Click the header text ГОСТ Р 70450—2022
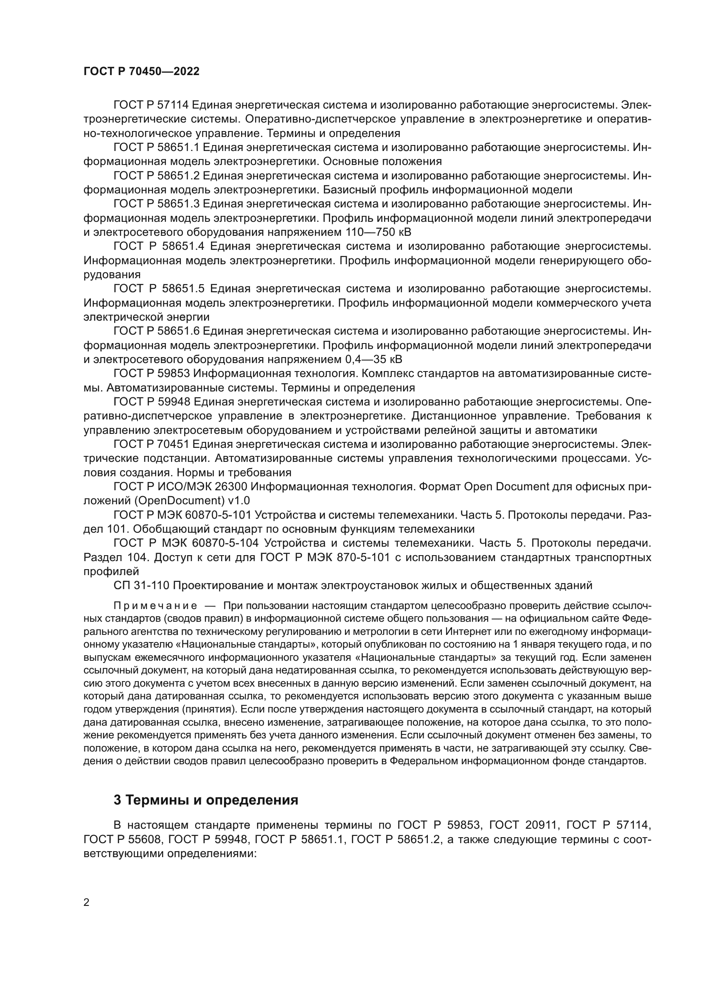tap(141, 72)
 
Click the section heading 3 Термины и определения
tap(206, 800)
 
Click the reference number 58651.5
tap(184, 289)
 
